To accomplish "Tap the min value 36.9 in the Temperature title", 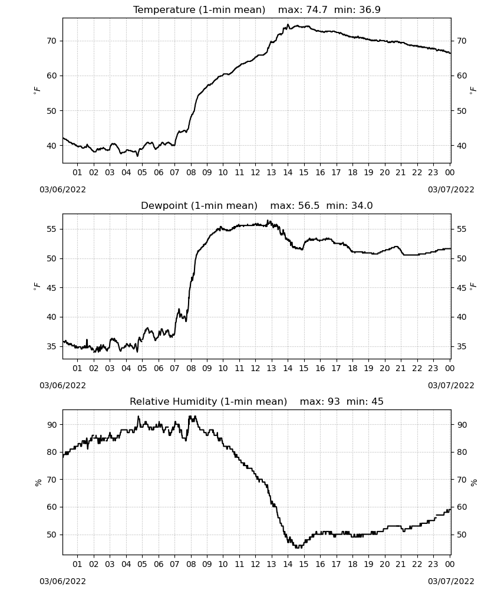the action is tap(370, 10).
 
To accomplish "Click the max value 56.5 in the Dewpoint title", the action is tap(309, 206).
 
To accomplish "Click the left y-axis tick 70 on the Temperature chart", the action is tap(51, 41).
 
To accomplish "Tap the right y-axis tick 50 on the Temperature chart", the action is tap(462, 111).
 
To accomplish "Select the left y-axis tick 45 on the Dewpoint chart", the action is tap(51, 288).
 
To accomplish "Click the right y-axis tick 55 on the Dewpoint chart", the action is tap(462, 229).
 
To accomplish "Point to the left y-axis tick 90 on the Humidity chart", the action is tap(51, 425).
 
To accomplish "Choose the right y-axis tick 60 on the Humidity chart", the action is tap(462, 507).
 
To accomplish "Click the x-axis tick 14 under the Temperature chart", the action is tap(288, 172).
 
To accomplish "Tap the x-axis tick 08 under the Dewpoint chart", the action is tap(191, 368).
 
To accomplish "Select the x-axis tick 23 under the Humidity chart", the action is tap(433, 564).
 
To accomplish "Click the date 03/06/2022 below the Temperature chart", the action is tap(62, 189).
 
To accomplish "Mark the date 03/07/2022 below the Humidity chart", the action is tap(451, 581).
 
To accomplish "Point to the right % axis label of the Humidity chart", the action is tap(473, 483).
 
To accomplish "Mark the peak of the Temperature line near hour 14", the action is tap(288, 24).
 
